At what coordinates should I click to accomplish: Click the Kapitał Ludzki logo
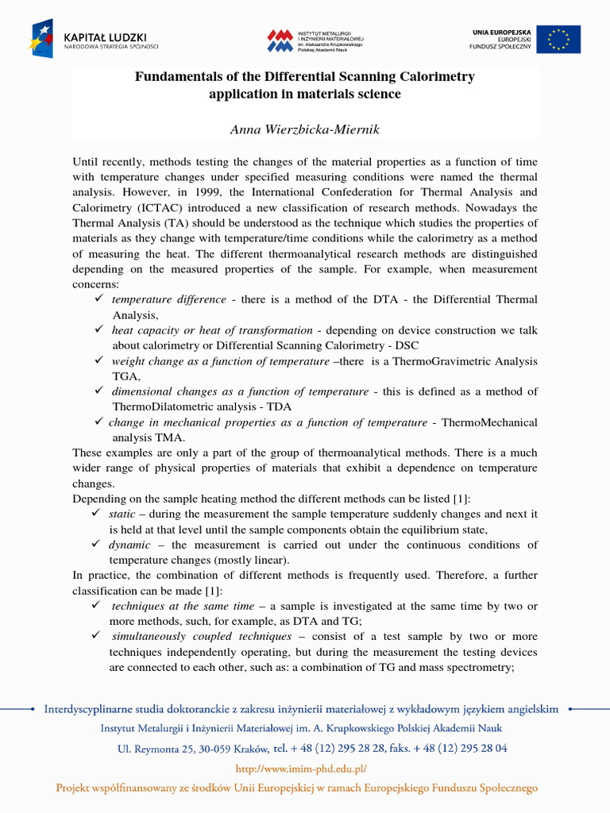click(x=95, y=39)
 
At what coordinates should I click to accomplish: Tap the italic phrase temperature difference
click(x=168, y=300)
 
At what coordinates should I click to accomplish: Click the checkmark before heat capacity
click(x=98, y=329)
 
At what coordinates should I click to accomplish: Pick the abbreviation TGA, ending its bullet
click(x=126, y=376)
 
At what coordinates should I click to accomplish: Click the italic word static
click(x=122, y=514)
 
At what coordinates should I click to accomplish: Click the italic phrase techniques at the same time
click(x=183, y=606)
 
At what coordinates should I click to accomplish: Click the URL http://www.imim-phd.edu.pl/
click(x=303, y=769)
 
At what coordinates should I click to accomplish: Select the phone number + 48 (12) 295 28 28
click(x=344, y=748)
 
